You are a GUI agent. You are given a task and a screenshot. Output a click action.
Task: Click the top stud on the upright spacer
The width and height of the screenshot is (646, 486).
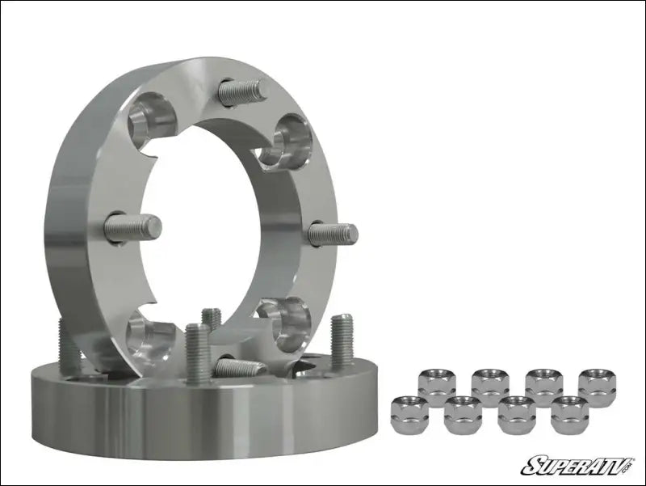241,91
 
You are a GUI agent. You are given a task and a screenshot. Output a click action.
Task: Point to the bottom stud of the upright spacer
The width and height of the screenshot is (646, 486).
241,368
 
